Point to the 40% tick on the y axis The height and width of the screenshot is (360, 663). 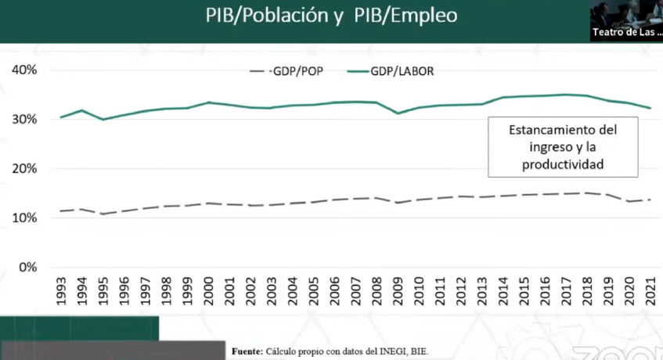(24, 70)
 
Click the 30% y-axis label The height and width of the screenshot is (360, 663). (24, 119)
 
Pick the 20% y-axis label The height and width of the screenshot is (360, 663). (24, 168)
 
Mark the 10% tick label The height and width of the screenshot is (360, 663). (24, 218)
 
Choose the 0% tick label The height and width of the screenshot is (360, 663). (27, 267)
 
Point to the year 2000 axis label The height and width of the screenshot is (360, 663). (209, 290)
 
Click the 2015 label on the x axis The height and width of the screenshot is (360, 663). (524, 290)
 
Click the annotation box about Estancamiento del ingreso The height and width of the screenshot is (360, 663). (563, 147)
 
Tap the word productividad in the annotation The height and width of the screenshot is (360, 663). (563, 165)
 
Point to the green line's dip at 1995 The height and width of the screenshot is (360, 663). (103, 120)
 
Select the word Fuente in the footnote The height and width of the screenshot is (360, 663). (247, 351)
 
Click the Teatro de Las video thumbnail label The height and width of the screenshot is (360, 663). (625, 32)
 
